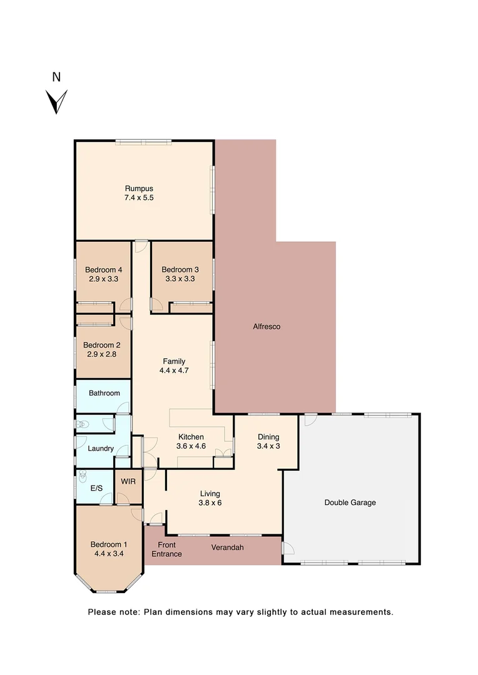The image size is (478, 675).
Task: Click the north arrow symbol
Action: [56, 101]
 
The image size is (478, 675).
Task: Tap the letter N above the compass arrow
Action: [56, 77]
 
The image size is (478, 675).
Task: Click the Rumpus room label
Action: [139, 188]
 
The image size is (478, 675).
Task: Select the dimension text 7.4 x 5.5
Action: [139, 197]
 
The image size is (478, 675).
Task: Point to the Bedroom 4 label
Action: [103, 269]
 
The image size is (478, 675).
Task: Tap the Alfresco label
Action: [267, 326]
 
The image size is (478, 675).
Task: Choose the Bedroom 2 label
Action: [102, 344]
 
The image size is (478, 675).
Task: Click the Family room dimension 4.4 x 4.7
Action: [174, 370]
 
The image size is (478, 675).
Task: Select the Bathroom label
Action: [104, 393]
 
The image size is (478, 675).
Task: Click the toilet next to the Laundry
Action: [82, 424]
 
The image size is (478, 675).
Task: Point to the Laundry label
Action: [100, 448]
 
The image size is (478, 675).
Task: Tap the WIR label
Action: [128, 482]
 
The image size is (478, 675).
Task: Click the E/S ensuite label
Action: [96, 488]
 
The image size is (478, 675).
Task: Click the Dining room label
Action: [268, 437]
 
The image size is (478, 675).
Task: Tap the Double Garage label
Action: [350, 502]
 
